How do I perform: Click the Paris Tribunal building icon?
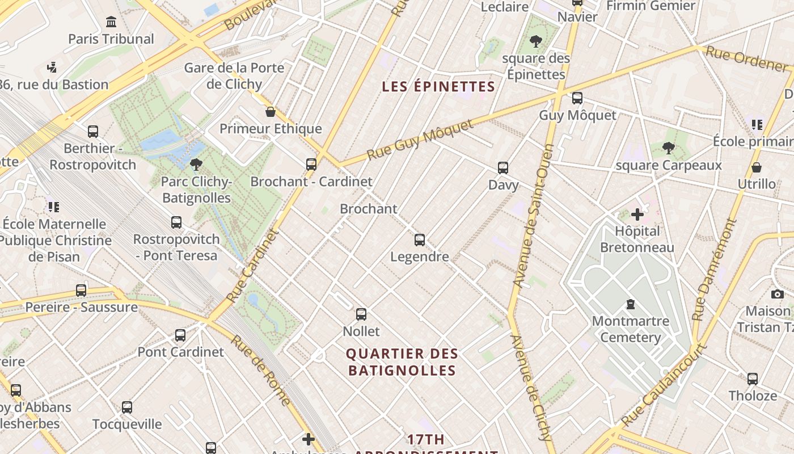[x=111, y=23]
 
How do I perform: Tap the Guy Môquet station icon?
[x=577, y=98]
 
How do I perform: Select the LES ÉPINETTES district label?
[x=438, y=87]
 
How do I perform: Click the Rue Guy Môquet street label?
[x=420, y=140]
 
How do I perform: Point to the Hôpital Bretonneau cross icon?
[x=637, y=215]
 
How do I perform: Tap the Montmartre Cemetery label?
[x=630, y=329]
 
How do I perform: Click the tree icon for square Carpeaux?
[x=669, y=149]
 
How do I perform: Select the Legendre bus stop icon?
[x=420, y=240]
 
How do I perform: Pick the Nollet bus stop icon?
[x=361, y=314]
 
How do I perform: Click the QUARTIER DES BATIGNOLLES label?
[x=402, y=362]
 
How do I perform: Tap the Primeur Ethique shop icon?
[x=271, y=112]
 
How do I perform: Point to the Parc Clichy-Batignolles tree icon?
[x=196, y=165]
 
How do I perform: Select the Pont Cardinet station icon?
[x=180, y=335]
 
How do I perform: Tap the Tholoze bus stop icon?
[x=753, y=379]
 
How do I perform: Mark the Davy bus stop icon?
[x=503, y=168]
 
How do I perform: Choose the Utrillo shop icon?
[x=756, y=167]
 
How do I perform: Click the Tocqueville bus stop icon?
[x=127, y=407]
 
